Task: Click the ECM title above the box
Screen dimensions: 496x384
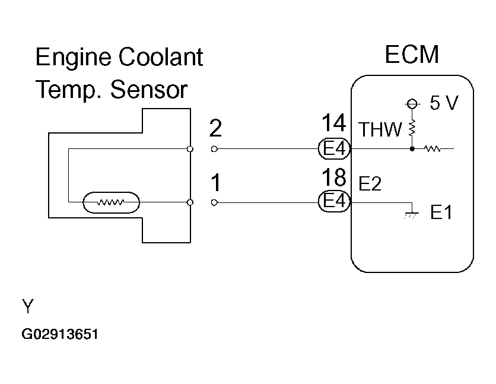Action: tap(412, 55)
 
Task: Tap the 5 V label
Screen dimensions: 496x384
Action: tap(444, 103)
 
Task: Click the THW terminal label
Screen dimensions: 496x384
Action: tap(380, 129)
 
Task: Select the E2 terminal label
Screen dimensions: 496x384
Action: tap(370, 183)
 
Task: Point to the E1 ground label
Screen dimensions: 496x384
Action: tap(441, 212)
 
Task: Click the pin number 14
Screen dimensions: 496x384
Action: tap(333, 123)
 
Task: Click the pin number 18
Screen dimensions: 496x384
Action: tap(333, 177)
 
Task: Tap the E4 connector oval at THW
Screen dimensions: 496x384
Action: tap(335, 148)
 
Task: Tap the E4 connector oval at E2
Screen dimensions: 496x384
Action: tap(335, 201)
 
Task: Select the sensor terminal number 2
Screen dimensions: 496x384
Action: tap(215, 128)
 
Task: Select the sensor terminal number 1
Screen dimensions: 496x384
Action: tap(216, 183)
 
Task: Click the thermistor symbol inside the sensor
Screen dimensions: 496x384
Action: tap(111, 202)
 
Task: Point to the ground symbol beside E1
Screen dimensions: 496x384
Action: tap(412, 214)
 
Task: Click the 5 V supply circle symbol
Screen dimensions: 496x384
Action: tap(412, 103)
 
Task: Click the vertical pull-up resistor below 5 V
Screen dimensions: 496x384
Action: tap(412, 128)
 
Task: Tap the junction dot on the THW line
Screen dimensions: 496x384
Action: tap(412, 148)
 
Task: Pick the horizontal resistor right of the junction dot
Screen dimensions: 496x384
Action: tap(432, 148)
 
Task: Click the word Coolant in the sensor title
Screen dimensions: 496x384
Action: tap(161, 57)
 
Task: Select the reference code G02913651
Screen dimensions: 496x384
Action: tap(60, 334)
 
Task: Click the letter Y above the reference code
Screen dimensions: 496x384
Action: tap(28, 306)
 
